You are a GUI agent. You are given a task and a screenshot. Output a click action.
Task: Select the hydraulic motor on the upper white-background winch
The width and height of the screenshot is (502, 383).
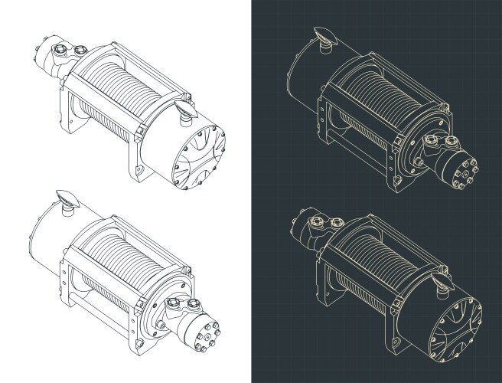pyautogui.click(x=57, y=58)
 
